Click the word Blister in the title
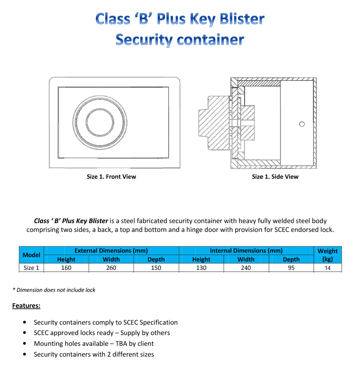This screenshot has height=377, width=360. click(240, 19)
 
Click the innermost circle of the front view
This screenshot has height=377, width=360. click(100, 122)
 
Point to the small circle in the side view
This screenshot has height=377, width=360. click(302, 124)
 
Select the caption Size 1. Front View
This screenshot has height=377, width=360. click(111, 176)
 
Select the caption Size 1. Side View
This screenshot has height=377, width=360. click(275, 176)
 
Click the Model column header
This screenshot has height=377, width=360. click(31, 255)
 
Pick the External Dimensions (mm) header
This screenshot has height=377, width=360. click(111, 251)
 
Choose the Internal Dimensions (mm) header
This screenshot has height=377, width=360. click(246, 251)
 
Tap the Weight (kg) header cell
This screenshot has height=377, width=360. click(328, 255)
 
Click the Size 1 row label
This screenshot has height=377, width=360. click(31, 268)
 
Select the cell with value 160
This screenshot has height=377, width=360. click(66, 268)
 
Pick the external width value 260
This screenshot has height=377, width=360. click(111, 268)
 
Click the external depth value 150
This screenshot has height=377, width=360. click(156, 268)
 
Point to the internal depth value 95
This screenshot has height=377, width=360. click(291, 268)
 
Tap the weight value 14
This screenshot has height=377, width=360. click(328, 268)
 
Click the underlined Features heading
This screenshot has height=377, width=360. click(26, 306)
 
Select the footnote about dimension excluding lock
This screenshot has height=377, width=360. click(54, 290)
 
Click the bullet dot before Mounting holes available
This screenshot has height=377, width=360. click(26, 343)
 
